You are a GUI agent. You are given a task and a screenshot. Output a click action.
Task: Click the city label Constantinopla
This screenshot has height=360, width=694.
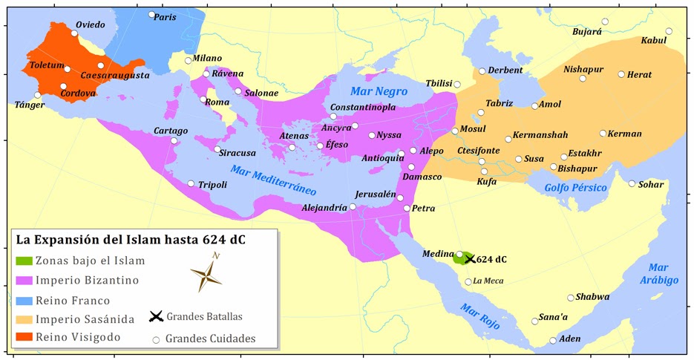[363, 107]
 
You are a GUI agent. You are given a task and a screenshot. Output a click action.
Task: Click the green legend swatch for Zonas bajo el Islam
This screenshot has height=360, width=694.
[24, 261]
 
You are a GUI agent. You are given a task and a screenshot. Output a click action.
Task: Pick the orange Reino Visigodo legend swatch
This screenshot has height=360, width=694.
[24, 338]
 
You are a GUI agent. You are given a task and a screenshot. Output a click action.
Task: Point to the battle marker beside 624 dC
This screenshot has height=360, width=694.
[469, 259]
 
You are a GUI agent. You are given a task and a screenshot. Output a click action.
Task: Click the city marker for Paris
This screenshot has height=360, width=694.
[151, 15]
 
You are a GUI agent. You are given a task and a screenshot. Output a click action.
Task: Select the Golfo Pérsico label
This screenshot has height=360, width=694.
[576, 189]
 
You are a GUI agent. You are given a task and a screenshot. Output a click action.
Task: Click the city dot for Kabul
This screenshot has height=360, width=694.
[669, 31]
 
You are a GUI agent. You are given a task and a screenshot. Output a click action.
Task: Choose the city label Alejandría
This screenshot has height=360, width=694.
[324, 208]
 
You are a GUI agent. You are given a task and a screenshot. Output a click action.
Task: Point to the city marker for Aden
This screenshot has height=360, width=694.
[553, 341]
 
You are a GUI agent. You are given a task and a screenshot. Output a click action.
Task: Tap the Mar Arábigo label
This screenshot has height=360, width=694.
[661, 274]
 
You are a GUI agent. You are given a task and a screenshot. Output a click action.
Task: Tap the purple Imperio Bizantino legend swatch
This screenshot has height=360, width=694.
[24, 281]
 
